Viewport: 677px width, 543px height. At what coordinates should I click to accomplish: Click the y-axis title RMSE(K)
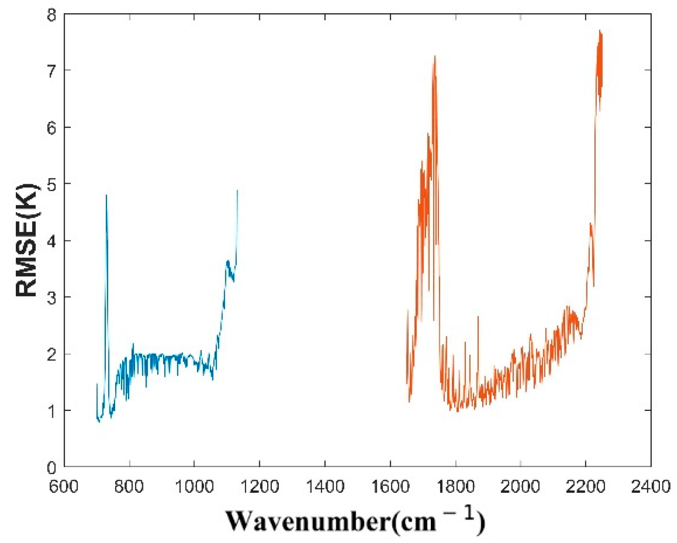point(27,240)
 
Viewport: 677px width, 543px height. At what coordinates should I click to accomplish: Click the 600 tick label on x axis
point(64,487)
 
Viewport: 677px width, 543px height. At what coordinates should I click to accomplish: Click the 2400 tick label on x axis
point(650,487)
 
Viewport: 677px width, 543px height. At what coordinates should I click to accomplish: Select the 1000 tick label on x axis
point(194,487)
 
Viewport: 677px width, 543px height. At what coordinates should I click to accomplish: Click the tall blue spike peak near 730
point(107,196)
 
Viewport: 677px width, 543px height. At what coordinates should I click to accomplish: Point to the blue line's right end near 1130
point(237,191)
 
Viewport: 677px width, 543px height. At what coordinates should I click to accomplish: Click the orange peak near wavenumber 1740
point(435,57)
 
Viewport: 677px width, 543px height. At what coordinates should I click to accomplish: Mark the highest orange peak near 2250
point(600,31)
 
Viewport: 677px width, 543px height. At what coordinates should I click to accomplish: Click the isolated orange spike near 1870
point(478,318)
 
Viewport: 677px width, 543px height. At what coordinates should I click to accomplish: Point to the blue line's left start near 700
point(97,384)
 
